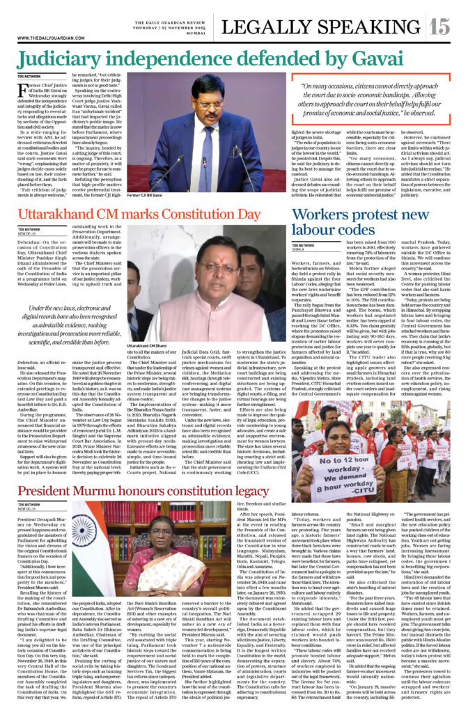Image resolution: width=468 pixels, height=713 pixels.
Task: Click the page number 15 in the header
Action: [x=440, y=26]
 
